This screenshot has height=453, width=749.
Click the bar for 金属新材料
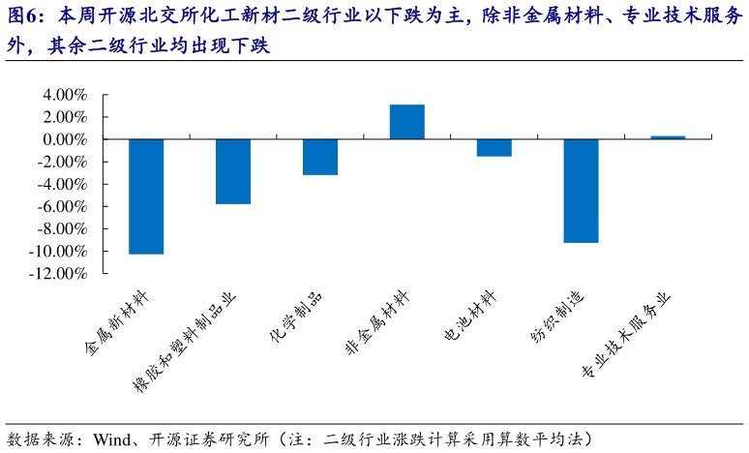(146, 196)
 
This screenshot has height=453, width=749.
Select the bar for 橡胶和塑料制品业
(233, 171)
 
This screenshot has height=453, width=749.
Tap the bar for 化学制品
(320, 157)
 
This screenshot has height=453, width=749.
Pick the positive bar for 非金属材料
(407, 122)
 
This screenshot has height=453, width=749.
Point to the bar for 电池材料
(494, 148)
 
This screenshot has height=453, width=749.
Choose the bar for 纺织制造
(581, 191)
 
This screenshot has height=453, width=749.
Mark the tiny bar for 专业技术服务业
(668, 137)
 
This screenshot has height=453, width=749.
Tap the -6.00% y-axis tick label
(62, 207)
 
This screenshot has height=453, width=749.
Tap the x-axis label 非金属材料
(378, 323)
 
